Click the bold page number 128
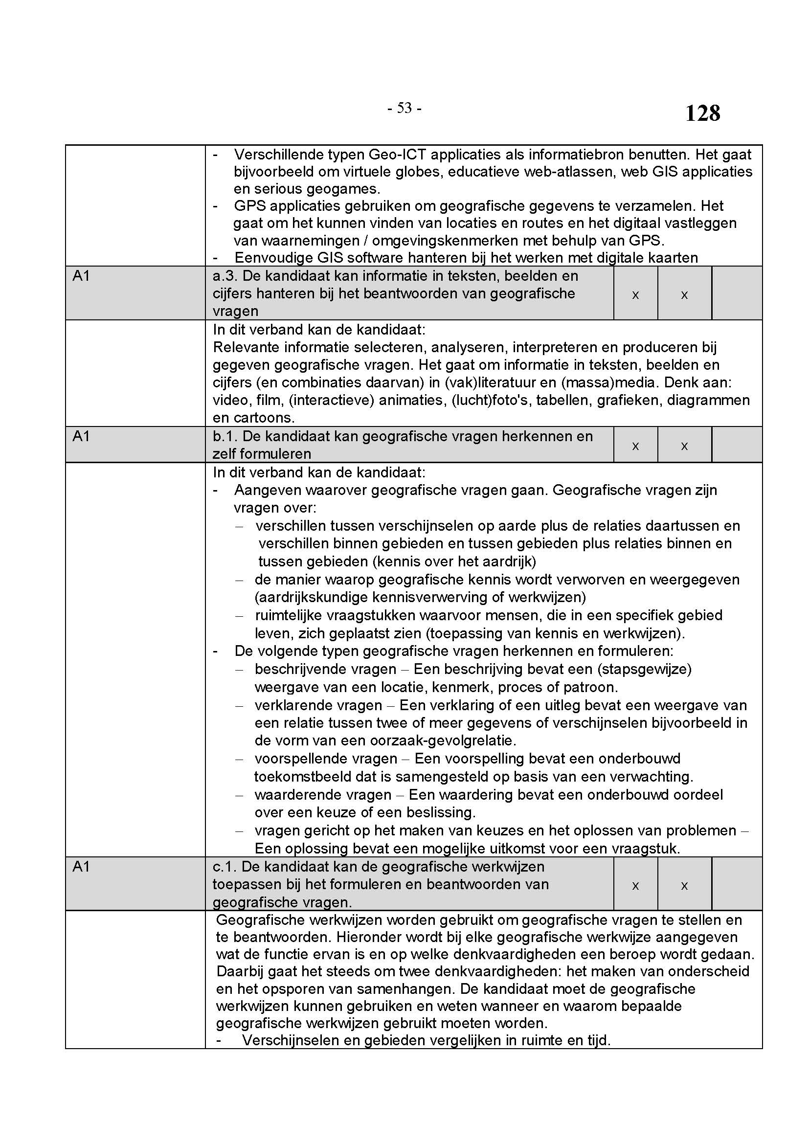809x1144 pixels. [702, 113]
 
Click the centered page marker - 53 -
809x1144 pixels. [404, 108]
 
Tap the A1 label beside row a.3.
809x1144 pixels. [81, 276]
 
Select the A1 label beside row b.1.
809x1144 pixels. [81, 436]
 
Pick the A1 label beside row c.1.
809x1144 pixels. [81, 867]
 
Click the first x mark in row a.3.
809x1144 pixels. [635, 295]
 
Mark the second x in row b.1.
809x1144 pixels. [684, 446]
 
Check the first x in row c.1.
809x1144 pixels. [635, 885]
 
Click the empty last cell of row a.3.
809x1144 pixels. [737, 293]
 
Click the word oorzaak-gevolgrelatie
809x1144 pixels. [442, 740]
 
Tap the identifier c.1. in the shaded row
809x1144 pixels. [225, 867]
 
